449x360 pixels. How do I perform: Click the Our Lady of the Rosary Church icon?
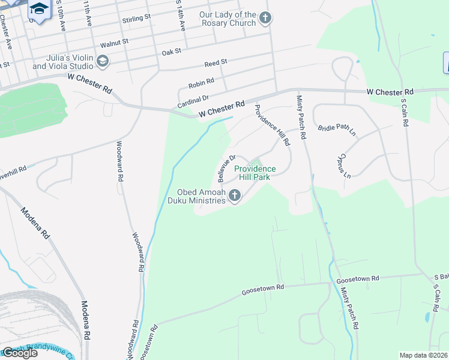pyautogui.click(x=266, y=19)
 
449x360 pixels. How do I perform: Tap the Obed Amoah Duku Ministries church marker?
pyautogui.click(x=235, y=196)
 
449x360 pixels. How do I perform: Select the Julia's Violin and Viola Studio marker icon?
pyautogui.click(x=103, y=61)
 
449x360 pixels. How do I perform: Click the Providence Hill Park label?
pyautogui.click(x=255, y=173)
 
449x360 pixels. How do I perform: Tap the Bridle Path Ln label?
pyautogui.click(x=337, y=128)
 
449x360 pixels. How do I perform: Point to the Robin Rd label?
pyautogui.click(x=201, y=81)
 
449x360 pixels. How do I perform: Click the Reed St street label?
pyautogui.click(x=215, y=62)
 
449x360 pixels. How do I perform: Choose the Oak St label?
pyautogui.click(x=171, y=52)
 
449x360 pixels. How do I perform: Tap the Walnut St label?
pyautogui.click(x=115, y=43)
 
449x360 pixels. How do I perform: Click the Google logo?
pyautogui.click(x=20, y=353)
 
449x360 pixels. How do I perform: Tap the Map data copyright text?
pyautogui.click(x=424, y=355)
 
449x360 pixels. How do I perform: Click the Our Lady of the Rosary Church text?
pyautogui.click(x=228, y=19)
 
